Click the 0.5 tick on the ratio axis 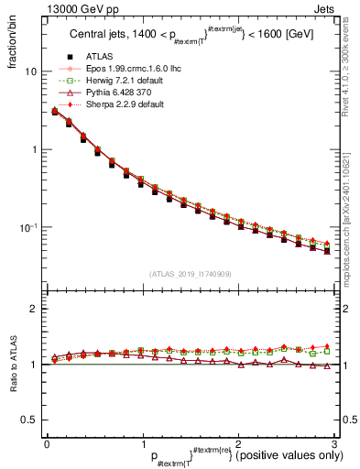tap(29, 420)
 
